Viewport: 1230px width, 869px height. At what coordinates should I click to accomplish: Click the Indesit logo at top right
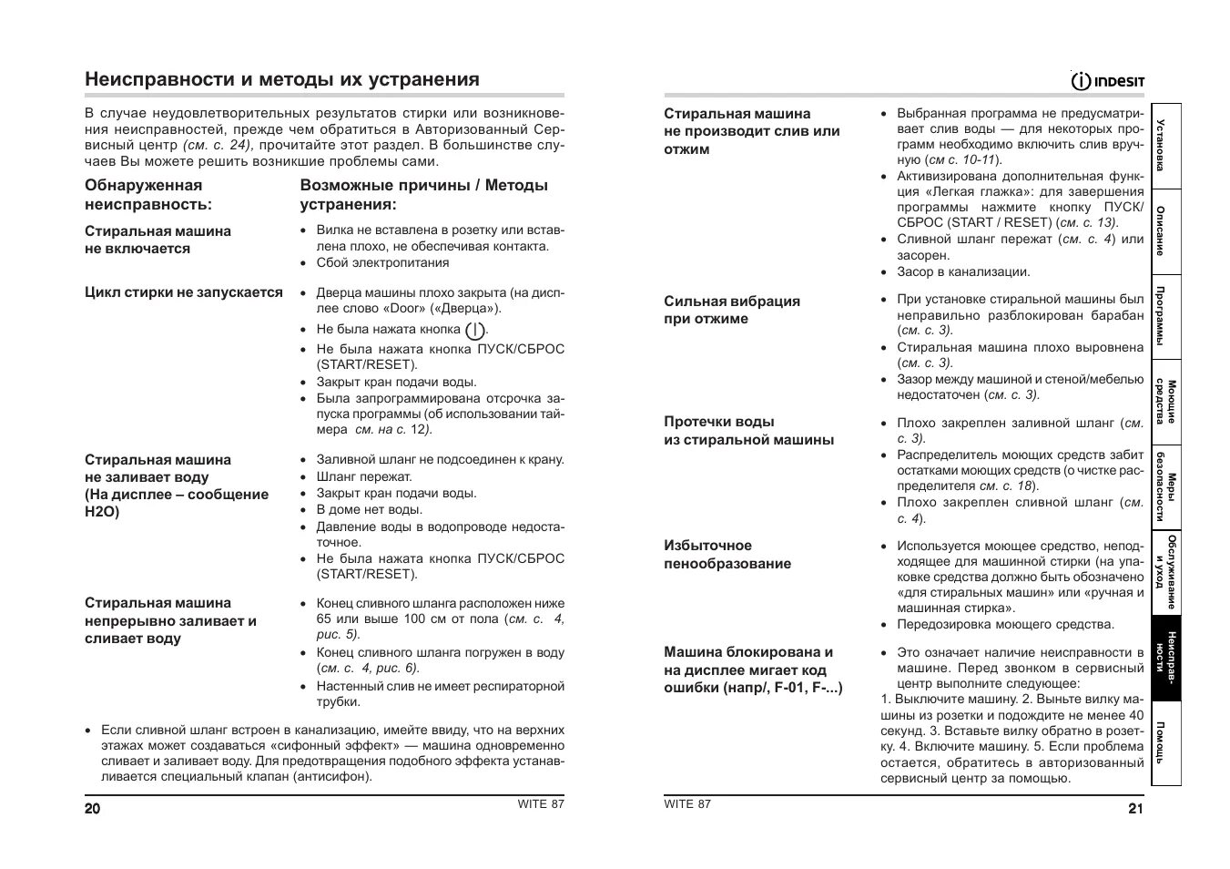tap(1108, 81)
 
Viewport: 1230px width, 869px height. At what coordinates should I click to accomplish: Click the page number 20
tap(93, 809)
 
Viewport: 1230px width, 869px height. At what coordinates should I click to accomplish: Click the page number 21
tap(1134, 808)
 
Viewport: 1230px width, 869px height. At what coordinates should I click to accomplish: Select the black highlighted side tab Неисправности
tap(1166, 659)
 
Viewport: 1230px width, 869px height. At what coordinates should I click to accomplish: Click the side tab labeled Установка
tap(1166, 146)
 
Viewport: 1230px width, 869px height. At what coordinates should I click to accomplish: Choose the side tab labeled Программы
tap(1166, 316)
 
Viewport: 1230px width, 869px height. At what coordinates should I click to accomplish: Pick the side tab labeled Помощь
tap(1166, 742)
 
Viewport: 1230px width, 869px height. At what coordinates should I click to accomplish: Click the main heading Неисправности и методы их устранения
tap(282, 79)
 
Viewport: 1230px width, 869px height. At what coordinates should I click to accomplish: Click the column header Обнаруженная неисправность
tap(147, 195)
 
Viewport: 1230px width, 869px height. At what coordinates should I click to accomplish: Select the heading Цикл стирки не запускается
tap(184, 292)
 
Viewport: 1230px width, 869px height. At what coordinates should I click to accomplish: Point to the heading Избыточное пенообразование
tap(727, 555)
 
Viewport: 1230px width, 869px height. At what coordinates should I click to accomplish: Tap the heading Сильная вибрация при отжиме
tap(731, 310)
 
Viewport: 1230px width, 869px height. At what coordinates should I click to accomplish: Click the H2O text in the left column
tap(102, 512)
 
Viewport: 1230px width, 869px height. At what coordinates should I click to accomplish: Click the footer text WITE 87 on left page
tap(541, 803)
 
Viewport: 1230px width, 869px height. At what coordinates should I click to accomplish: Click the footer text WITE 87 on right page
tap(687, 803)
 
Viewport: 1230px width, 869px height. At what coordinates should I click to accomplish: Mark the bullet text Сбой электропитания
tap(382, 263)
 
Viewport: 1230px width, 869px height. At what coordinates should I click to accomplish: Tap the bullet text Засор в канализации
tap(963, 271)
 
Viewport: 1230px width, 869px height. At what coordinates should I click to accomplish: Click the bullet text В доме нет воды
tap(369, 510)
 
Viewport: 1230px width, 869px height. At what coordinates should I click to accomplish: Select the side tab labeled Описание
tap(1166, 230)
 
